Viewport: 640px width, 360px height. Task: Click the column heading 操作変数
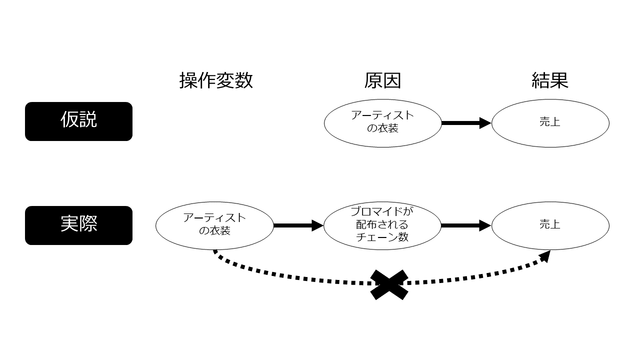[216, 80]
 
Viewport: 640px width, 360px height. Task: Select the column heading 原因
[382, 80]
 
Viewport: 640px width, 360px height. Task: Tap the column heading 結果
[550, 80]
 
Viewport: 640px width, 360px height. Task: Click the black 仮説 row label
[78, 121]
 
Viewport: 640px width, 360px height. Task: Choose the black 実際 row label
[78, 225]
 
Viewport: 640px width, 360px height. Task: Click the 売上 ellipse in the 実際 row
[550, 225]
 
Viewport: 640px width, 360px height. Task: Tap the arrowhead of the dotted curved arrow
[544, 255]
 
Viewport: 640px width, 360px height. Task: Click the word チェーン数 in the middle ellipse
[382, 237]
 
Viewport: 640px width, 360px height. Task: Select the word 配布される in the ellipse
[382, 224]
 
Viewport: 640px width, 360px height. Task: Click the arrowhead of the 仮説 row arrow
[485, 123]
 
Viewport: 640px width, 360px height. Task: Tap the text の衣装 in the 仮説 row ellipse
[382, 128]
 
